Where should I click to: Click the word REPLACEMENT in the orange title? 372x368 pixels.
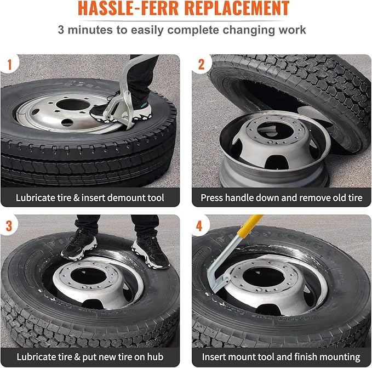pos(237,8)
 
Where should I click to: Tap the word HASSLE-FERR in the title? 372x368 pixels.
pos(128,8)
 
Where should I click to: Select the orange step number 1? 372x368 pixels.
pos(10,65)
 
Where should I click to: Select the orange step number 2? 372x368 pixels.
pos(201,65)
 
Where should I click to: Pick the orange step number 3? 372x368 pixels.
pos(9,226)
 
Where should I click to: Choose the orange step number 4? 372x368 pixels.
pos(199,226)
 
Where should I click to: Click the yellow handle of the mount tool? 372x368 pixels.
pos(250,226)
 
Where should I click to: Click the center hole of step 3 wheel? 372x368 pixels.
pos(88,276)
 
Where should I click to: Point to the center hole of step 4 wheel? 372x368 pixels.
pos(264,277)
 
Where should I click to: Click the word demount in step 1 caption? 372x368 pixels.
pos(119,198)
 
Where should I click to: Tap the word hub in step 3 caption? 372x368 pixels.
pos(155,357)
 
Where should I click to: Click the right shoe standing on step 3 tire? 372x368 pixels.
pos(150,252)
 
